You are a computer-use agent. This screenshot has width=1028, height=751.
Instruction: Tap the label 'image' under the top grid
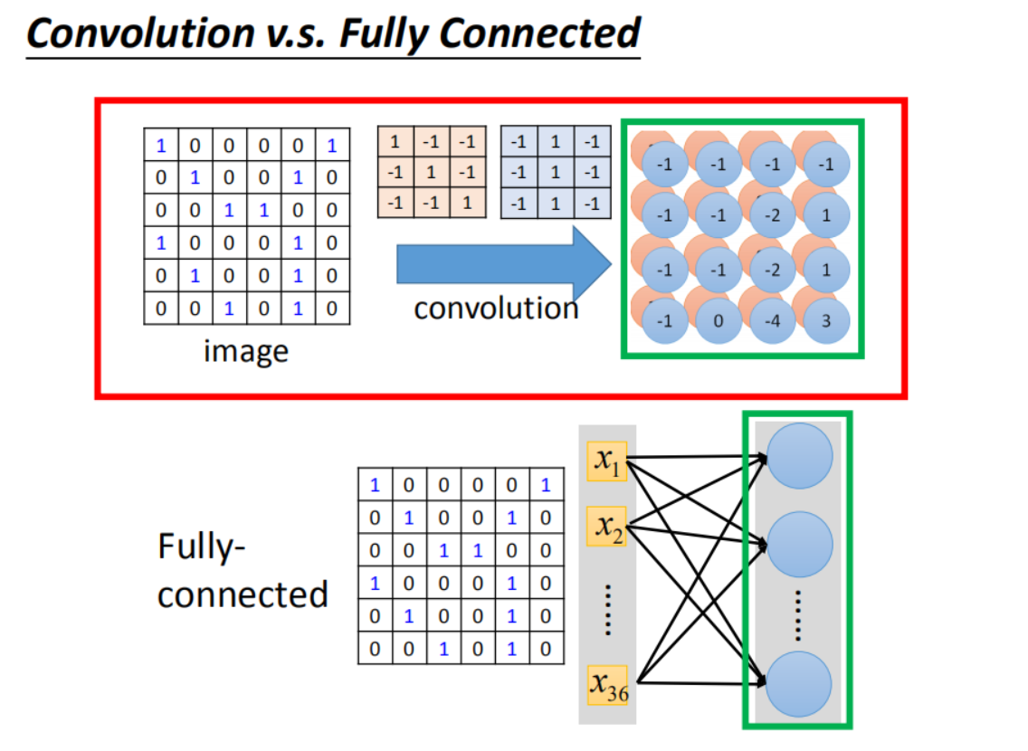245,349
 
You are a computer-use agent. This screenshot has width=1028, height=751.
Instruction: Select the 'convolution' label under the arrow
496,309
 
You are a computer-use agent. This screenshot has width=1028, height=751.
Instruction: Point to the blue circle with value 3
824,323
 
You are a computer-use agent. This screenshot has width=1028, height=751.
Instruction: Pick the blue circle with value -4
772,323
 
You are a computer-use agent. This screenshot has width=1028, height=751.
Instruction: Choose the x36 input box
606,686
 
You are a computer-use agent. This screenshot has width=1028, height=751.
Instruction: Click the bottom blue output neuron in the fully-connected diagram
798,684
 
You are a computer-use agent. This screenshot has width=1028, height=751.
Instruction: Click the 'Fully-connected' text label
243,571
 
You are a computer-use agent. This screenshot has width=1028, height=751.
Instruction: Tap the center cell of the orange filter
432,172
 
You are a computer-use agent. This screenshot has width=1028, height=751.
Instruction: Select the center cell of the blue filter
556,172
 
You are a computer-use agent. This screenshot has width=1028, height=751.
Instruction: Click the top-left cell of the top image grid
161,145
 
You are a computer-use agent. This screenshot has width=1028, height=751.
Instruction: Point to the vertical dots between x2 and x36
607,607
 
